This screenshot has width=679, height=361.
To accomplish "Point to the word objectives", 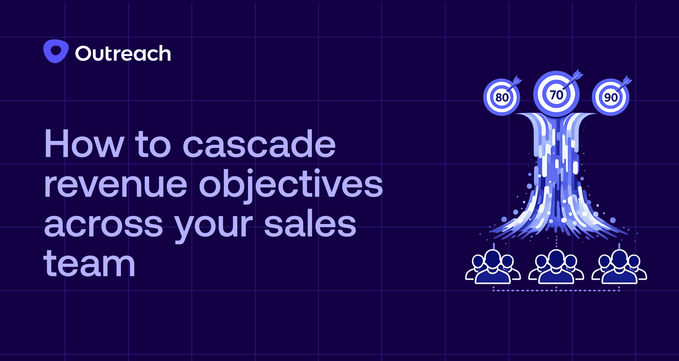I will click(x=291, y=184).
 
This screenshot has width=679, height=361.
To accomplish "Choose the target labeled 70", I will click(x=556, y=95).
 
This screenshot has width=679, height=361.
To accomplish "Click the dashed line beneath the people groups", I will click(x=556, y=290).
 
